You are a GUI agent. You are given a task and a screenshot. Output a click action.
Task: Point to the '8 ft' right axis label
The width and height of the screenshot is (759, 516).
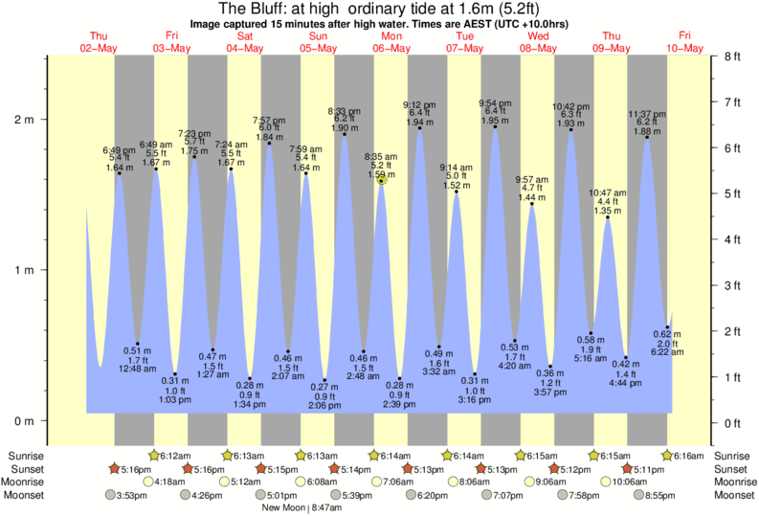click(x=734, y=56)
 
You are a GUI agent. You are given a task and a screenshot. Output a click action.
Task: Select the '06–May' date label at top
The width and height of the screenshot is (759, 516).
click(x=391, y=47)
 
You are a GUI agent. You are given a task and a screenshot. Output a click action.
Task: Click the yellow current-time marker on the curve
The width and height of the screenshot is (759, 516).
click(x=381, y=180)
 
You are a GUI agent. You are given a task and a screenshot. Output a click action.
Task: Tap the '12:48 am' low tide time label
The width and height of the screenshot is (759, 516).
click(x=137, y=369)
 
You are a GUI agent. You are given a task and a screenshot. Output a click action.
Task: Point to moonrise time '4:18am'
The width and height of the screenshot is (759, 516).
click(x=171, y=482)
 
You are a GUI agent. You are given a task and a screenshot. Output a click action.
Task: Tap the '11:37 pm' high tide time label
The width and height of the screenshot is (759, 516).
click(x=647, y=113)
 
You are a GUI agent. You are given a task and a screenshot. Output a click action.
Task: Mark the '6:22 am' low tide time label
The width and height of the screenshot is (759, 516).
click(x=668, y=353)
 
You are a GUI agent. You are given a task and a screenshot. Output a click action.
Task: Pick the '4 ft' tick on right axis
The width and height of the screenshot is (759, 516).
click(x=734, y=239)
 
